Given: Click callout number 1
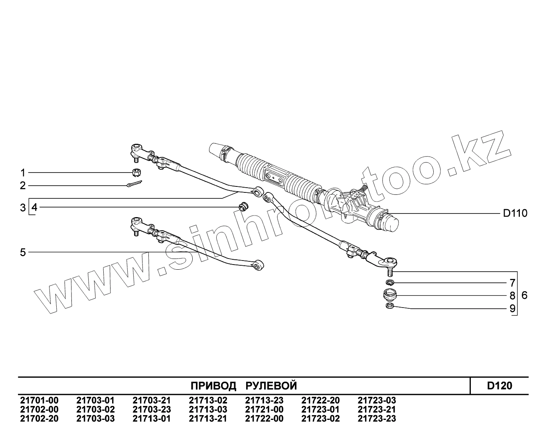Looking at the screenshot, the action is [23, 172].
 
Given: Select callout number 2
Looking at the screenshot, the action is [23, 185].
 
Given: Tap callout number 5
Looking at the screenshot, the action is [23, 252].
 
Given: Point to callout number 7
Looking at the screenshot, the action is [512, 283].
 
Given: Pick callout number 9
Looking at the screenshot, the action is [512, 308].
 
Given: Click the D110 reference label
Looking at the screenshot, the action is [515, 214].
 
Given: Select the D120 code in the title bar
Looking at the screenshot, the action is [500, 386].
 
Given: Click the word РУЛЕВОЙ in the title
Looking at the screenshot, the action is [271, 386].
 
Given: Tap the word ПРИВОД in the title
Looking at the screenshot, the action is [213, 386].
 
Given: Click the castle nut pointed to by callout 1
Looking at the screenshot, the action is [135, 173].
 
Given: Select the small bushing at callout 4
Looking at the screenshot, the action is [242, 207].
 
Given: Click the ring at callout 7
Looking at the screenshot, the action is [390, 282].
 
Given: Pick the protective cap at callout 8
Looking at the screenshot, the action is [390, 295].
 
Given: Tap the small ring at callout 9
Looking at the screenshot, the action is [390, 306].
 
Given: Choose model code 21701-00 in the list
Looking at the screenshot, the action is [39, 400].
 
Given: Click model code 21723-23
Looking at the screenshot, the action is [377, 419].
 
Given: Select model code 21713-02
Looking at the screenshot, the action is [208, 400].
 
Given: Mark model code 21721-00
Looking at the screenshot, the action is [264, 410].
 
